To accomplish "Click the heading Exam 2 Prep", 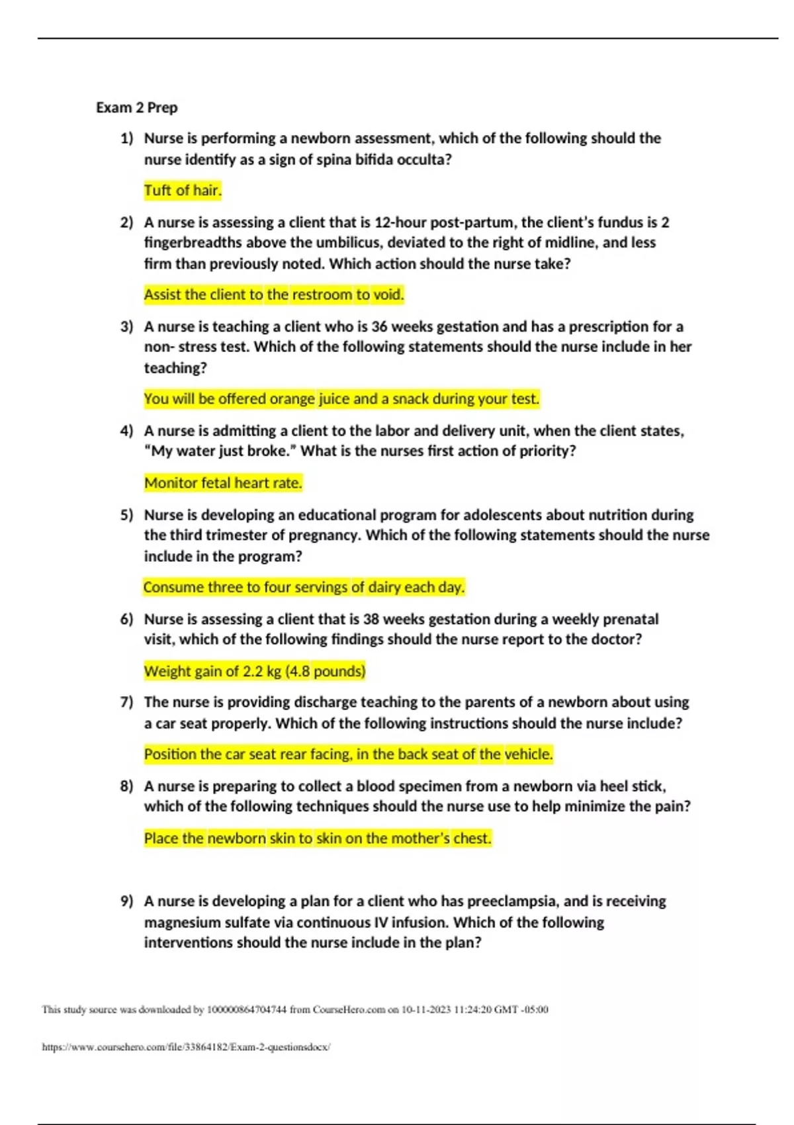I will point(136,107).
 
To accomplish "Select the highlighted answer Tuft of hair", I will point(183,191).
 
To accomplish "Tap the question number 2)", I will point(126,222).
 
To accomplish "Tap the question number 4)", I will point(126,431).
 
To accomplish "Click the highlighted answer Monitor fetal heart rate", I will point(223,483).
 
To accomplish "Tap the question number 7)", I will point(126,702).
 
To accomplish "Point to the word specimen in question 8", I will point(430,786).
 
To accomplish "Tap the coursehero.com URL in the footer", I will point(186,1047).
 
